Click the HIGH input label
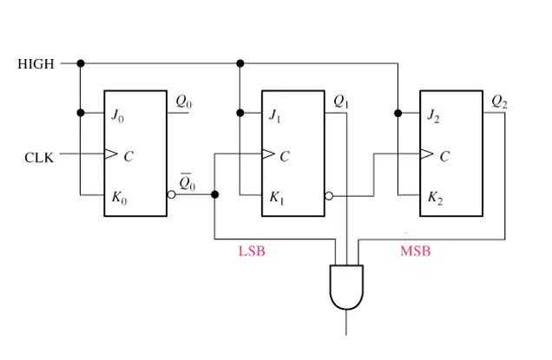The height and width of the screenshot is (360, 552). [x=36, y=64]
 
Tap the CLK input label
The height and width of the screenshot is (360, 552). [x=39, y=158]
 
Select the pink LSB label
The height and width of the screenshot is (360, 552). [x=252, y=252]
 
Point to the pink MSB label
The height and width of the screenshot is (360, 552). [x=416, y=252]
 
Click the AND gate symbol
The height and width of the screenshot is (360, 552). [x=346, y=287]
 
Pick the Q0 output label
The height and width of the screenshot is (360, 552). [x=184, y=102]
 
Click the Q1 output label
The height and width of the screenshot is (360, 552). [x=341, y=102]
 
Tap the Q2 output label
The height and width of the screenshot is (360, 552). [x=499, y=102]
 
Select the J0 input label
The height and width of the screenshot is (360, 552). [x=117, y=115]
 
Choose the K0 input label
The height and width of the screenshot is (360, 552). [x=120, y=198]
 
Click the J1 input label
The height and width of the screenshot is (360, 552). [x=274, y=115]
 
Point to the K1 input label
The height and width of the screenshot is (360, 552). [x=277, y=198]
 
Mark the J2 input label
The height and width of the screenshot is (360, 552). [x=433, y=115]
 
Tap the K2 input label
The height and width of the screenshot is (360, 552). [x=435, y=198]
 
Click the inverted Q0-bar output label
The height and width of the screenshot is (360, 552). [x=187, y=182]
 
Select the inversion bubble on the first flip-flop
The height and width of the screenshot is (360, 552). [x=171, y=194]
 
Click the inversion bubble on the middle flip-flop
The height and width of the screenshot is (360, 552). [x=329, y=196]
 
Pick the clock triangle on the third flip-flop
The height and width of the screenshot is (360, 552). [x=426, y=154]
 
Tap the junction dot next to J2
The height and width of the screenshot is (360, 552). [x=398, y=114]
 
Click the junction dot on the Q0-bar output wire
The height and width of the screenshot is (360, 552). [x=214, y=194]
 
